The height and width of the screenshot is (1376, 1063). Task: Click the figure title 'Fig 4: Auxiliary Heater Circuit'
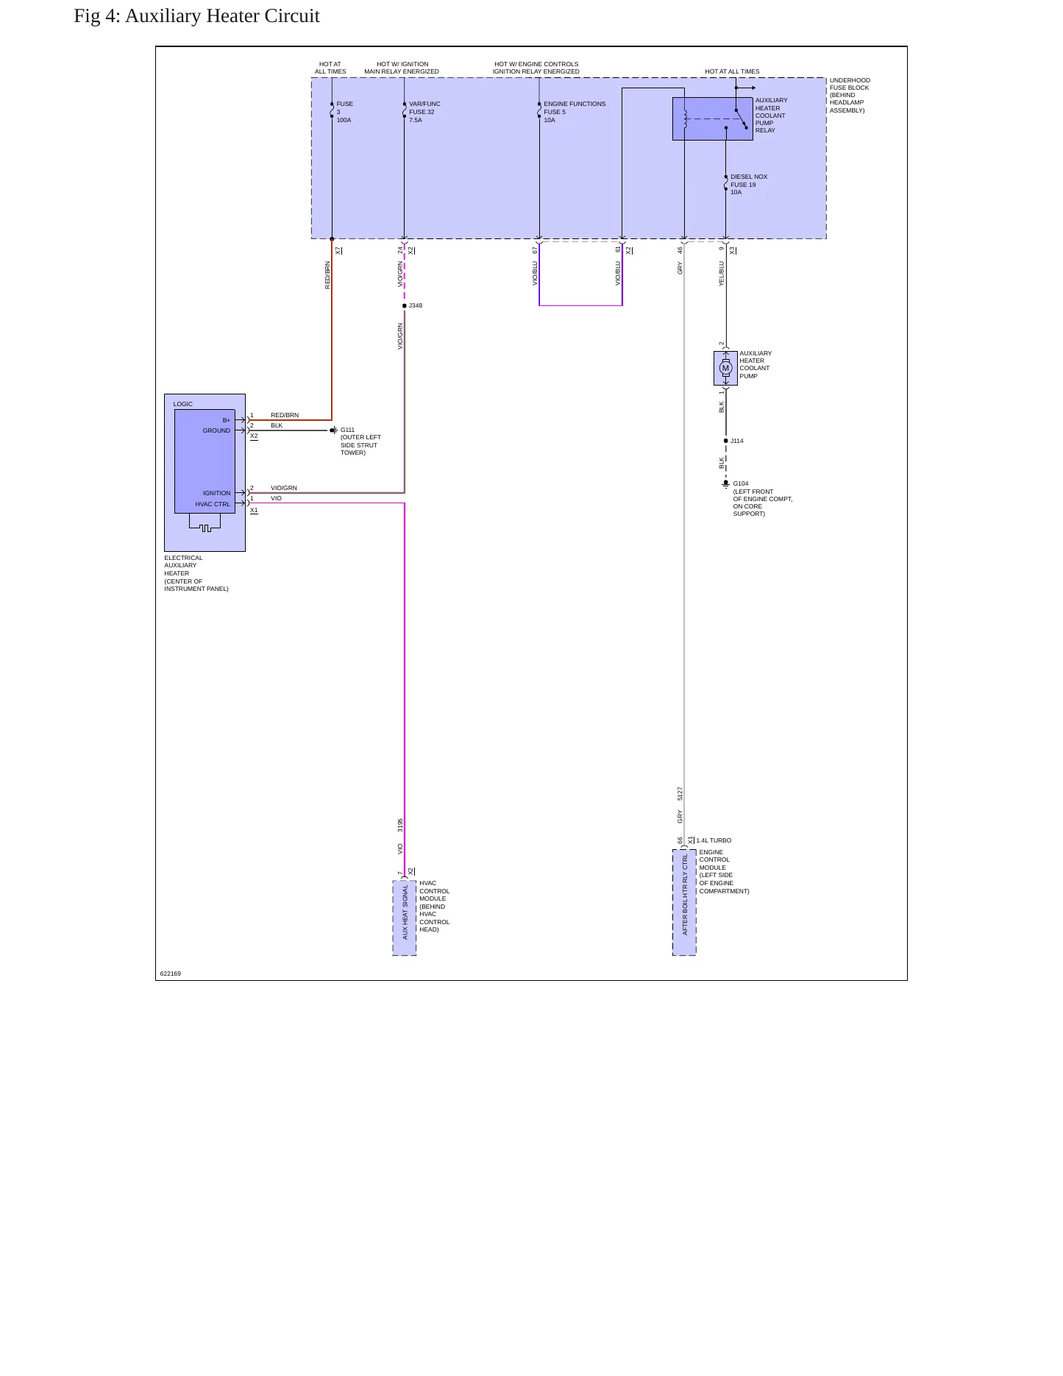click(x=196, y=16)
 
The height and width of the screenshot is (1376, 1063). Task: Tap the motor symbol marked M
click(x=725, y=368)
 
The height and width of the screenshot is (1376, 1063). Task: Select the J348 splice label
click(x=416, y=305)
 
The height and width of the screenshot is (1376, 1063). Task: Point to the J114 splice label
click(x=736, y=441)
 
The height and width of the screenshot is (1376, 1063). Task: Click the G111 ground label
click(x=347, y=430)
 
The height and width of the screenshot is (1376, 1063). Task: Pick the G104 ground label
click(x=741, y=483)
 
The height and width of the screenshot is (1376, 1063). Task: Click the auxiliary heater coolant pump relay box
click(x=713, y=118)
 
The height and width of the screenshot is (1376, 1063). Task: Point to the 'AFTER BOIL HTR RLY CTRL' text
click(x=685, y=895)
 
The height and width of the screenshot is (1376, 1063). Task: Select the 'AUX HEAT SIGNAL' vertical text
click(x=405, y=912)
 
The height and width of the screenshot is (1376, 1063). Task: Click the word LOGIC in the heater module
click(x=183, y=404)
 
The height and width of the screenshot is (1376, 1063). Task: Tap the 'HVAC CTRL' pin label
click(x=213, y=504)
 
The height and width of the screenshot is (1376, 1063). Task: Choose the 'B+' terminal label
click(x=227, y=420)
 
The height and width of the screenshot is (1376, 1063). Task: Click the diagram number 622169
click(x=171, y=974)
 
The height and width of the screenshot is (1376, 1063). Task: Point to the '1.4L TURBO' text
click(x=714, y=840)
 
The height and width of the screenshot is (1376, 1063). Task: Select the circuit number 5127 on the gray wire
click(x=680, y=793)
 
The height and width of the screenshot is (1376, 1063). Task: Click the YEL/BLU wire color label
click(x=722, y=273)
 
